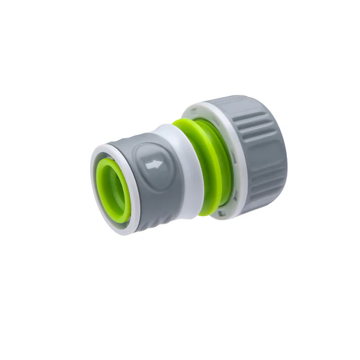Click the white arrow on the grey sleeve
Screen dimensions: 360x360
(x=155, y=164)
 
